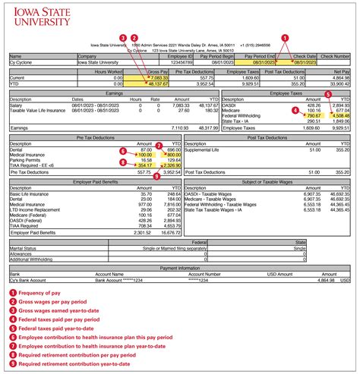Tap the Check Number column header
[334, 56]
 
